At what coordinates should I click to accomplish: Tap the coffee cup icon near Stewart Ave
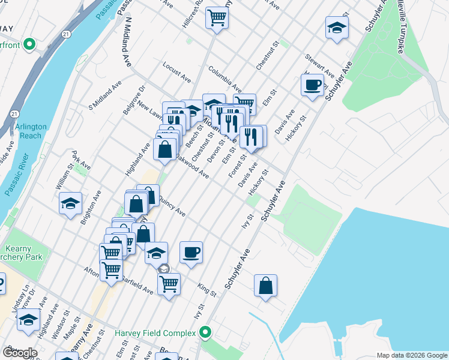coord(312,84)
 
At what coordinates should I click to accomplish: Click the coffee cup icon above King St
coord(191,252)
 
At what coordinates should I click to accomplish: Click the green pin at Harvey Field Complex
coord(206,332)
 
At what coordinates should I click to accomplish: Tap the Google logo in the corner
coord(19,352)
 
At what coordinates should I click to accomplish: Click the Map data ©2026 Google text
coord(411,355)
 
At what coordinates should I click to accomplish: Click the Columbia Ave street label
coord(225,80)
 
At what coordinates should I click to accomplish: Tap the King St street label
coord(205,290)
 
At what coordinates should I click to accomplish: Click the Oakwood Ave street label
coord(192,168)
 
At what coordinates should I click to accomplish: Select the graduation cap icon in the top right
coord(337,27)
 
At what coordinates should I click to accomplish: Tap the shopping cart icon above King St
coord(169,283)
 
